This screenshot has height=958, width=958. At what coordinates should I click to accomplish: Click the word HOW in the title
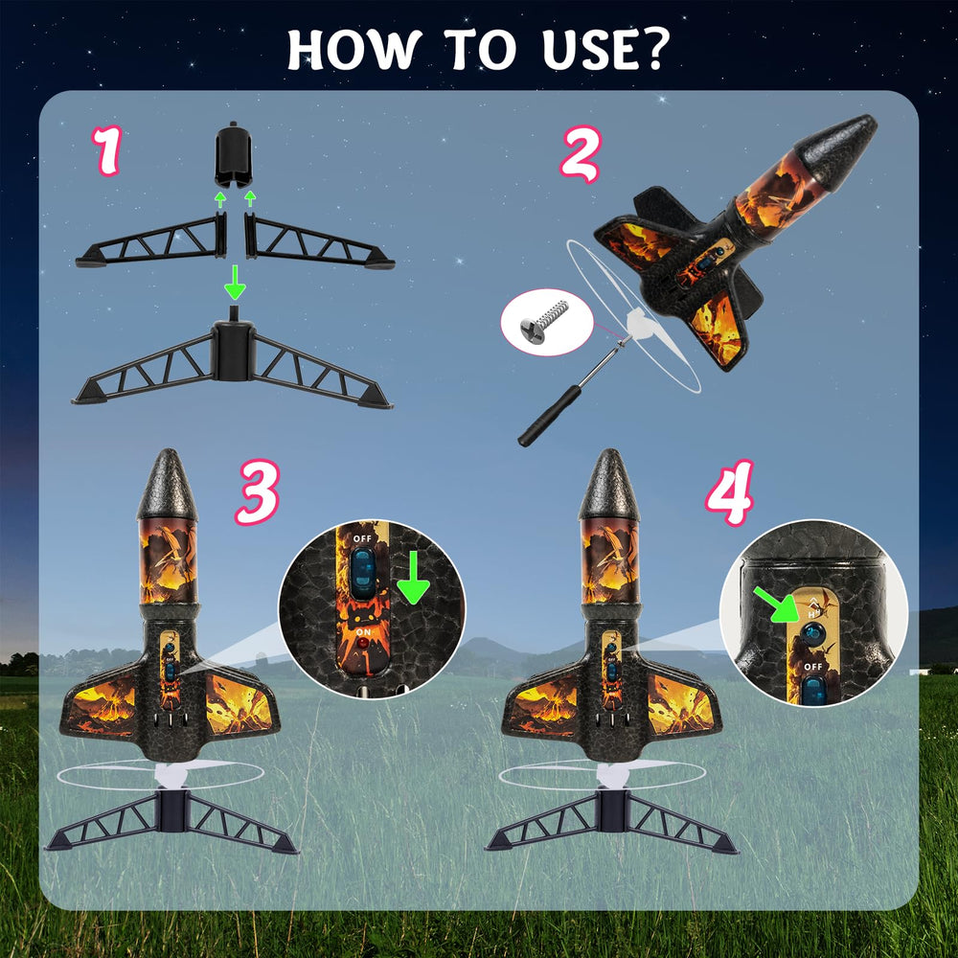(x=355, y=49)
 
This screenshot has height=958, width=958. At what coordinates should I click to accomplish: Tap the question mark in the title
(x=654, y=49)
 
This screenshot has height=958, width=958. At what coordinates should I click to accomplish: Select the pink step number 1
(x=107, y=151)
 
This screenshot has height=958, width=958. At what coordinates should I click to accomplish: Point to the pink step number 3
(x=257, y=492)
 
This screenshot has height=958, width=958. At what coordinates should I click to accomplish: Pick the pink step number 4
(x=729, y=492)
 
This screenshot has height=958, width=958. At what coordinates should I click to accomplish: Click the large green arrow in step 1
(x=235, y=283)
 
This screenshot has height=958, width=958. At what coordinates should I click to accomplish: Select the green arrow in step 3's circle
(x=414, y=578)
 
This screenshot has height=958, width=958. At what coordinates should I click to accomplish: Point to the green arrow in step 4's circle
(x=777, y=604)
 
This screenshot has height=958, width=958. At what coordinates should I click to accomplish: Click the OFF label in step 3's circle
(x=362, y=538)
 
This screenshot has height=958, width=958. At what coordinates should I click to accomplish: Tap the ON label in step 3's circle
(x=363, y=631)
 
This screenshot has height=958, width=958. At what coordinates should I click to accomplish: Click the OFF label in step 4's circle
(x=812, y=667)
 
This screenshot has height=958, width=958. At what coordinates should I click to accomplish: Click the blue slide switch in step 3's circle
(x=362, y=573)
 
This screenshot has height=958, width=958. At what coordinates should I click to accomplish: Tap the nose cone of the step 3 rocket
(x=168, y=485)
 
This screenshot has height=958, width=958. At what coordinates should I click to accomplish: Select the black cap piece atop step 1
(x=233, y=154)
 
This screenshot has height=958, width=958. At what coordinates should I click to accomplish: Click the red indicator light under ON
(x=363, y=644)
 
